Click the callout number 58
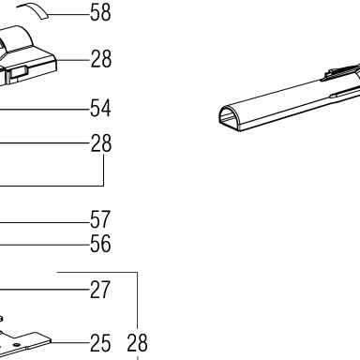[x=100, y=13]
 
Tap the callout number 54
[x=100, y=109]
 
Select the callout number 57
[x=100, y=219]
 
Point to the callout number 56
[x=100, y=244]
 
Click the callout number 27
[x=100, y=290]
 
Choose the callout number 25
[x=100, y=343]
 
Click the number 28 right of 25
[x=137, y=343]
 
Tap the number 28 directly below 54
[x=101, y=143]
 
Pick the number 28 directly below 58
[x=101, y=59]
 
